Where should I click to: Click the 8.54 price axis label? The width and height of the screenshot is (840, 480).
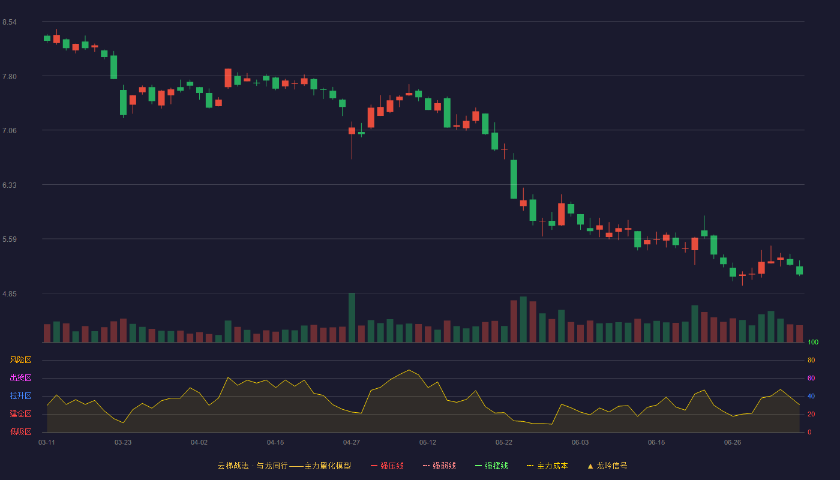click(10, 22)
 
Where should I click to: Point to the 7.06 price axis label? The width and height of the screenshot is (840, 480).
click(10, 131)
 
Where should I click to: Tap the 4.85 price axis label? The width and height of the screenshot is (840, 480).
click(10, 293)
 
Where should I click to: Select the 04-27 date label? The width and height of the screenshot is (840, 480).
click(352, 443)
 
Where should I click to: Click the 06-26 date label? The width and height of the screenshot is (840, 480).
click(733, 443)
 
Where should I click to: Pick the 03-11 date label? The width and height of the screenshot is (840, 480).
click(47, 443)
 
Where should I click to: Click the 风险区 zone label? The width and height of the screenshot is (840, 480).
click(20, 360)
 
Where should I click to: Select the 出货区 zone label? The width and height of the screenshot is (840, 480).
click(20, 377)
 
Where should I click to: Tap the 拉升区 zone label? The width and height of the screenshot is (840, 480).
click(20, 395)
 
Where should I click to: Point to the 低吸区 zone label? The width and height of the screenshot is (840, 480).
click(20, 431)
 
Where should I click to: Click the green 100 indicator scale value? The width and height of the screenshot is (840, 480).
click(813, 342)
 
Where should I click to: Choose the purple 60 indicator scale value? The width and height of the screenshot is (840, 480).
click(811, 378)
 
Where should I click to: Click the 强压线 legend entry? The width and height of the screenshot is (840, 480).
click(387, 466)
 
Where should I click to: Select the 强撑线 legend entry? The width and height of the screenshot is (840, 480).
click(491, 466)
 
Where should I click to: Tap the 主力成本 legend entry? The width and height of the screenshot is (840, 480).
click(547, 466)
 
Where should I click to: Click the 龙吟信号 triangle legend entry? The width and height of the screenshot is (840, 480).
click(607, 466)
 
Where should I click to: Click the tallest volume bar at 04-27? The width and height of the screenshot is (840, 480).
click(352, 317)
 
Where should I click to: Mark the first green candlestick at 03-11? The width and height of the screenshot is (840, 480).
click(47, 38)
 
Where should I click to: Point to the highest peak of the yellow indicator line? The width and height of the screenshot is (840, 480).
click(409, 370)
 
